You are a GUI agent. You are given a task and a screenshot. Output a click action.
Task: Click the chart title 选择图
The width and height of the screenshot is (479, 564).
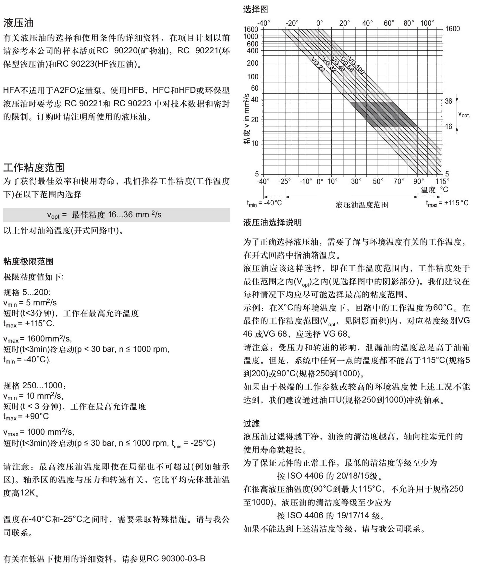tap(255, 9)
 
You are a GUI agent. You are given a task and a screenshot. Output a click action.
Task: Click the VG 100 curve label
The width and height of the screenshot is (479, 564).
tap(356, 66)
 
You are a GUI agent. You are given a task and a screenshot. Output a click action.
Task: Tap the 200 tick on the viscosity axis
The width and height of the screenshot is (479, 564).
tap(252, 63)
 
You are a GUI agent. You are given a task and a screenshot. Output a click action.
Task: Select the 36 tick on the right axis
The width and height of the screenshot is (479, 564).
tap(448, 101)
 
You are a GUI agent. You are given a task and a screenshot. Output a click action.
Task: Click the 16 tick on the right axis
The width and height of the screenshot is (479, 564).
tap(448, 126)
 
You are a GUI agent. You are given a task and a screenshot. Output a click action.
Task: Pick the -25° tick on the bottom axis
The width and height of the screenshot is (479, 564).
tap(284, 181)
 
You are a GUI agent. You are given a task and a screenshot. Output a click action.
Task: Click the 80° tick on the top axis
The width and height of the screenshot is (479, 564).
tap(409, 23)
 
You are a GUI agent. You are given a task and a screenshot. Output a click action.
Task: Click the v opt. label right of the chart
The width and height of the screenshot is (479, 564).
tap(463, 114)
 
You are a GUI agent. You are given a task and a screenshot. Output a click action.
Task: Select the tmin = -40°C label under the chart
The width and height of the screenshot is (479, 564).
tap(264, 203)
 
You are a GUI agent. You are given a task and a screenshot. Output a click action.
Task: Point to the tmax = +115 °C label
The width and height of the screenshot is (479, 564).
tap(447, 203)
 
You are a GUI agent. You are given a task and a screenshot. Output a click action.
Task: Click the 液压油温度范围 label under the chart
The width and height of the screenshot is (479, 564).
tap(362, 205)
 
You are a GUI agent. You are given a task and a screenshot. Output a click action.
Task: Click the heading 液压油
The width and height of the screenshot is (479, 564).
tap(18, 23)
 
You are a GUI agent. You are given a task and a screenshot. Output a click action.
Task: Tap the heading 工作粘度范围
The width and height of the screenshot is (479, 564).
tap(34, 167)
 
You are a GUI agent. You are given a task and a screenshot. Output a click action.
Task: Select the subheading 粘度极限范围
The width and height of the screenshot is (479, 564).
tap(28, 261)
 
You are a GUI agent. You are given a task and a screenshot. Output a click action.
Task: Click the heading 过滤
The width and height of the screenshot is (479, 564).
tap(252, 423)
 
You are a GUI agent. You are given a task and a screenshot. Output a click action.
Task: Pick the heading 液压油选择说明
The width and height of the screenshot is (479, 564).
tap(272, 223)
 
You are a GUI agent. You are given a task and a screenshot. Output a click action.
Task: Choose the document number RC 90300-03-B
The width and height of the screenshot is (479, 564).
tap(176, 558)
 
